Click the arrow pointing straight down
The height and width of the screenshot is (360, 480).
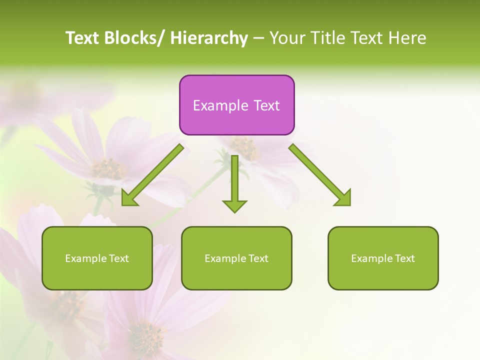coord(234,182)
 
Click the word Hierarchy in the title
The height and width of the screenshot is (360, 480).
coord(208,38)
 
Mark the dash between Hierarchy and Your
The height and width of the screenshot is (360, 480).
coord(258,39)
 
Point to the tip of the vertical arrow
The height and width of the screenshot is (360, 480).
coord(234,211)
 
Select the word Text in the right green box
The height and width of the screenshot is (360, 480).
coord(404,258)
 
